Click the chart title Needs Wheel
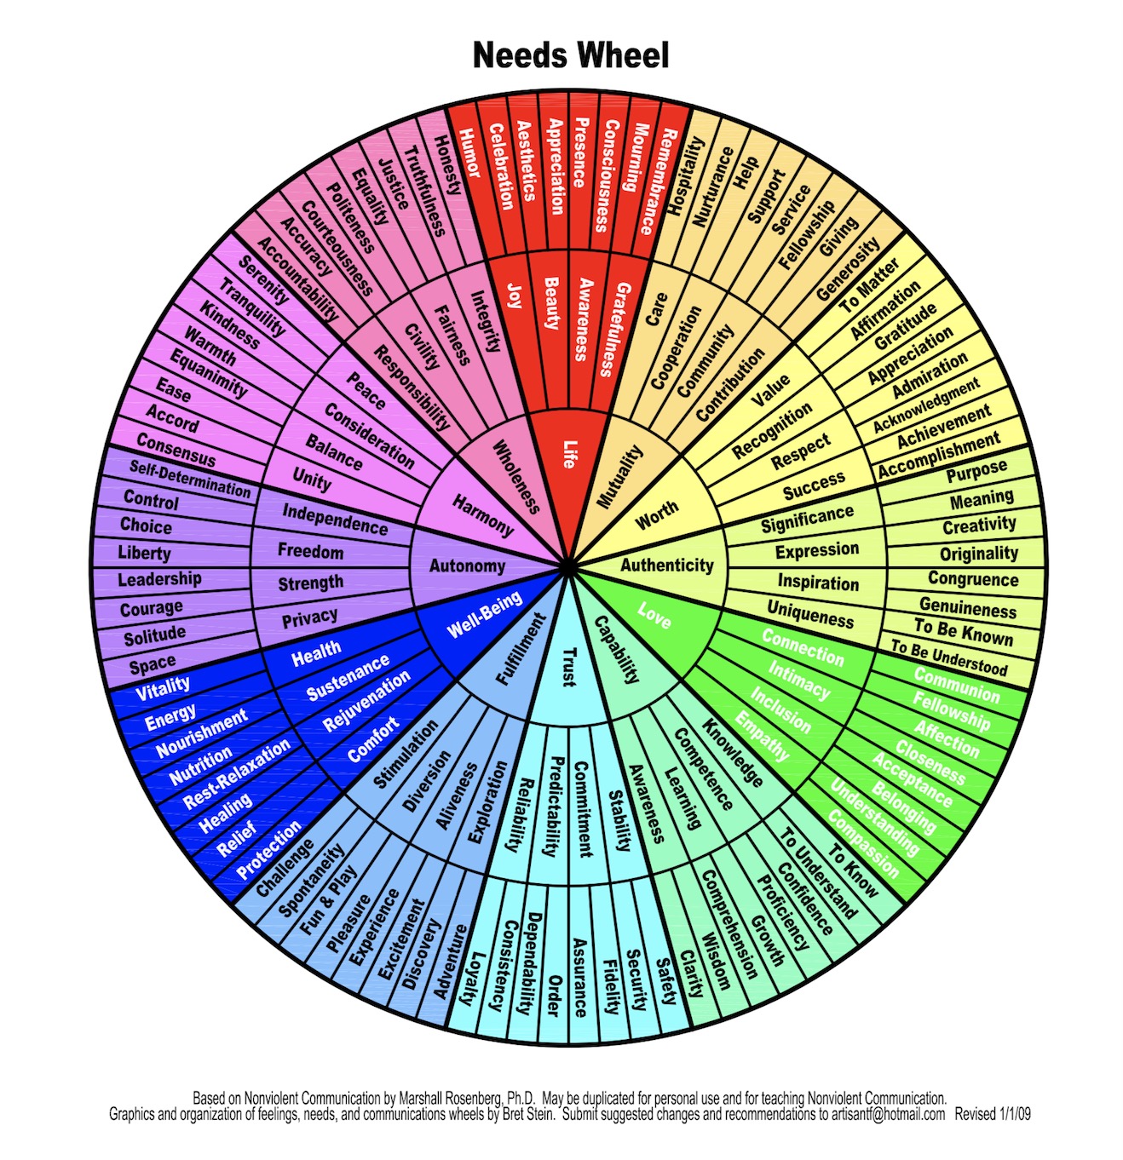[x=570, y=55]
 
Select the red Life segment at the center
[x=567, y=454]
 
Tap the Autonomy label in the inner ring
[x=467, y=566]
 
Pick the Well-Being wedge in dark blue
[x=484, y=615]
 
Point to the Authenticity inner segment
[x=667, y=565]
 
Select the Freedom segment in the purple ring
[x=310, y=550]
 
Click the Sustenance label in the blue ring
[x=348, y=676]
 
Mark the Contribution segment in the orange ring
[x=730, y=384]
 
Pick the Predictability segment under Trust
[x=556, y=807]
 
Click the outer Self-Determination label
[x=190, y=479]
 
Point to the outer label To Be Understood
[x=949, y=658]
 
